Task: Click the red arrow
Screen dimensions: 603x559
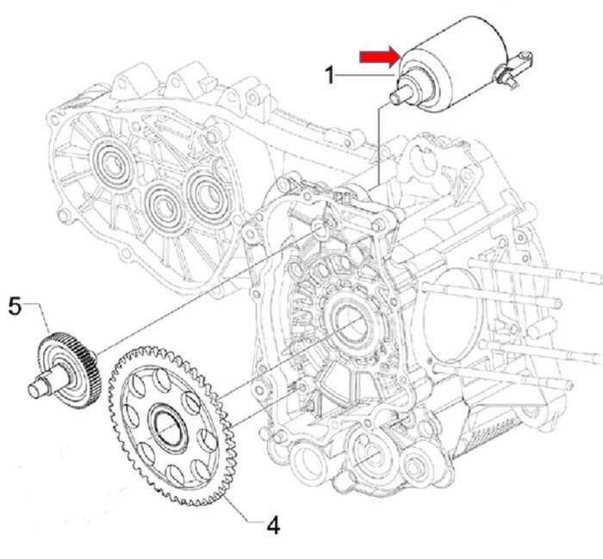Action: tap(380, 58)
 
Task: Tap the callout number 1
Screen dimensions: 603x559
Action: tap(330, 75)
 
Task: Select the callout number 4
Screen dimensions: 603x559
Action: tap(273, 525)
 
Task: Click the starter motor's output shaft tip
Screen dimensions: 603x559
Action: tap(395, 97)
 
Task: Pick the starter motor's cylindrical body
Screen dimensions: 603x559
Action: tap(454, 61)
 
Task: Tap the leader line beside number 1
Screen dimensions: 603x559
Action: tap(364, 75)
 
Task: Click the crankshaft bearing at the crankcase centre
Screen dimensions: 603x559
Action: tap(351, 322)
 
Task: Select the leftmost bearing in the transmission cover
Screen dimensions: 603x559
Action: tap(115, 164)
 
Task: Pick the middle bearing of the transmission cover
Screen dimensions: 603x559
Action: tap(165, 208)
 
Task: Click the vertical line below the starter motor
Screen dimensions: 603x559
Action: tap(379, 147)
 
